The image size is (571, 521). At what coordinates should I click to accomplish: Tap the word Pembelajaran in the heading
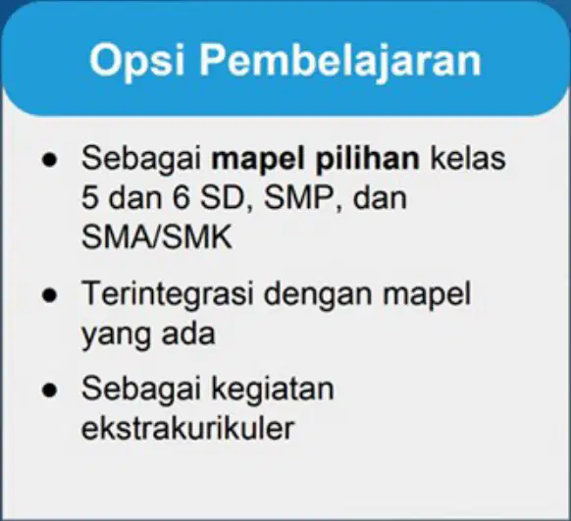coord(340,61)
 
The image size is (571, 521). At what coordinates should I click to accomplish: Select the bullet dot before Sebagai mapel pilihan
coord(49,160)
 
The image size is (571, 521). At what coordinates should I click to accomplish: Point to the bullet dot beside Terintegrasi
coord(49,295)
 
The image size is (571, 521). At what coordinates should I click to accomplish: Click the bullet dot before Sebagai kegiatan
coord(49,390)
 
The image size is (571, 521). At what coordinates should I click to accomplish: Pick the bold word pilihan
coord(368,160)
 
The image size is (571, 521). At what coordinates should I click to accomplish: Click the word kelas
coord(468,158)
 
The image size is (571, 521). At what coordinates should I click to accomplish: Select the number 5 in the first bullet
coord(90,197)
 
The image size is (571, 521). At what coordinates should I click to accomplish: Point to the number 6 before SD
coord(181,197)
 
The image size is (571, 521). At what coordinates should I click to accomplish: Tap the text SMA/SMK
coord(157,237)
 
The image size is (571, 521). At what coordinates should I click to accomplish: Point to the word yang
coord(116,335)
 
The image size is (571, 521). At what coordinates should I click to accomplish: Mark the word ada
coord(188,333)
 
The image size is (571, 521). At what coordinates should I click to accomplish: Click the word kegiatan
coord(273,390)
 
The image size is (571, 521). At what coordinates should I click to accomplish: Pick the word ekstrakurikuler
coord(187,427)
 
